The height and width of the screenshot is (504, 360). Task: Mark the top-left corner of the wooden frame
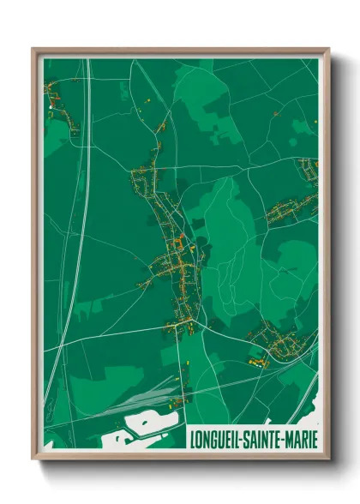[x=33, y=50]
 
